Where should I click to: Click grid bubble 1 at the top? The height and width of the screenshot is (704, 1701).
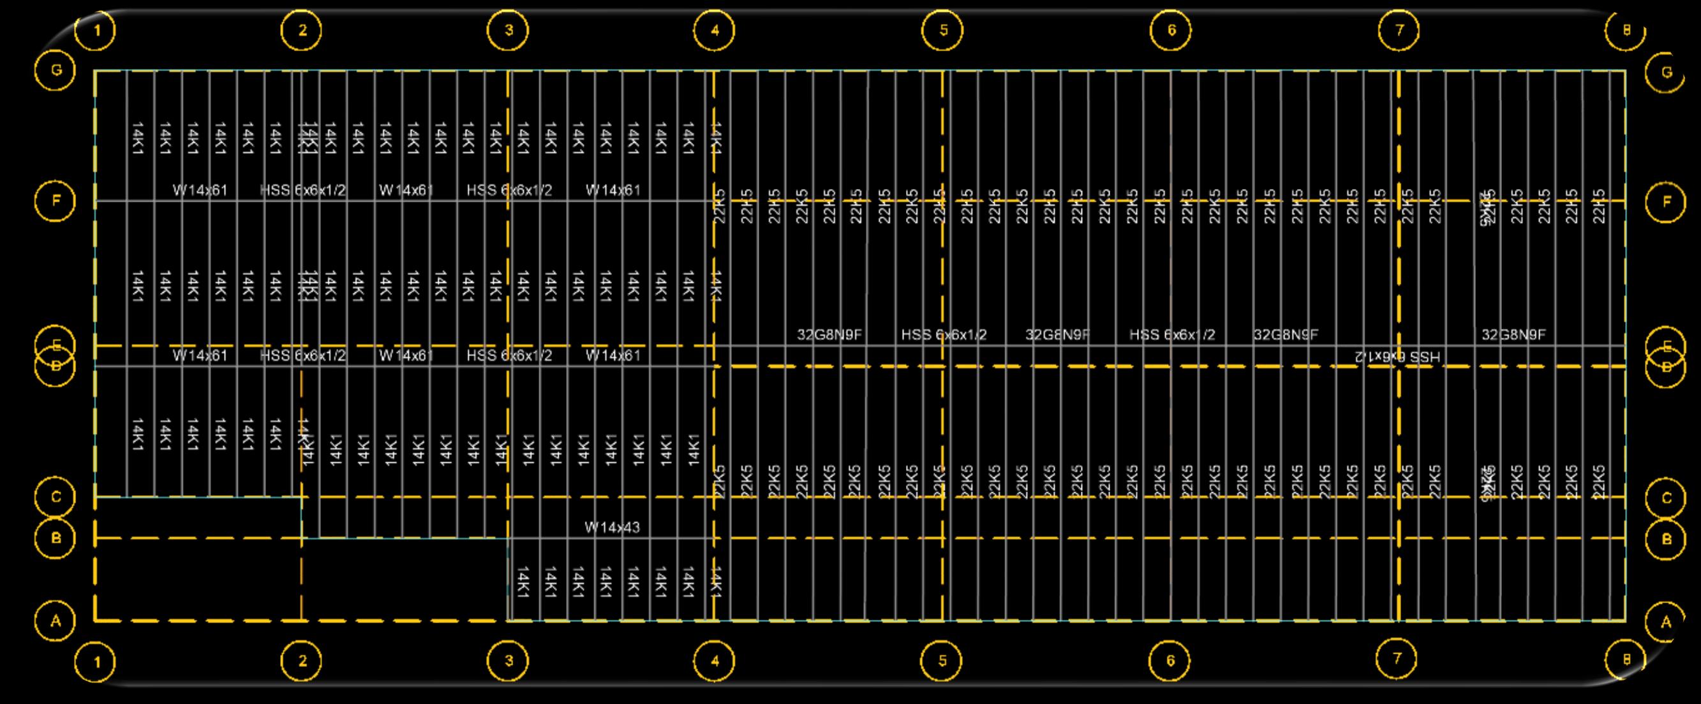(x=96, y=31)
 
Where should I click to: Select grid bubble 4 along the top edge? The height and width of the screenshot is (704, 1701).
(x=715, y=31)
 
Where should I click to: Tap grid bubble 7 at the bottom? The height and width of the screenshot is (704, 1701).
(x=1397, y=659)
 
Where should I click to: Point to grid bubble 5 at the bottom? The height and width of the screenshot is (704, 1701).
(x=942, y=661)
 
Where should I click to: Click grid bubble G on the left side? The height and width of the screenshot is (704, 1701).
(x=56, y=70)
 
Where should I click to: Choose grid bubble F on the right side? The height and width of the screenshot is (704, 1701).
(x=1666, y=202)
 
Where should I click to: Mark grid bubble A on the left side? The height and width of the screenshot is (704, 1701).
(x=56, y=621)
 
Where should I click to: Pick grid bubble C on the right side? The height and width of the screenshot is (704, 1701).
(x=1666, y=498)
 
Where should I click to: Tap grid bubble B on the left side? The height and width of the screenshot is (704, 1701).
(x=56, y=538)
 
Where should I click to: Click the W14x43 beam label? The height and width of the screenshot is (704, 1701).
(x=612, y=528)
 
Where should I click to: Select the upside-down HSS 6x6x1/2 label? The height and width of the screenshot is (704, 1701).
(x=1398, y=357)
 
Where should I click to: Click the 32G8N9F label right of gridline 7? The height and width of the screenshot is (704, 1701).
(x=1513, y=335)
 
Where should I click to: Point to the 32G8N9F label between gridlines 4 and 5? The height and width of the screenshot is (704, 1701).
(x=829, y=335)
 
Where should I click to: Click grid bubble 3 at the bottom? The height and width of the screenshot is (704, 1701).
(x=509, y=661)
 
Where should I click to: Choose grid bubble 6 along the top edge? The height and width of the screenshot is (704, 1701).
(x=1171, y=31)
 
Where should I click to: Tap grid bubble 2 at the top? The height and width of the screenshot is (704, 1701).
(x=302, y=31)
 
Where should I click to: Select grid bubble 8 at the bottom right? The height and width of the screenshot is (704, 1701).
(x=1626, y=659)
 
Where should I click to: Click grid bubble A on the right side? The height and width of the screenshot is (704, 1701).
(x=1666, y=622)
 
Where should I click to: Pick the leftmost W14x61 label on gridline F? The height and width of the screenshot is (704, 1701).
(x=200, y=190)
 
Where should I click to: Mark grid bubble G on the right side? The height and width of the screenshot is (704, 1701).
(x=1666, y=72)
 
